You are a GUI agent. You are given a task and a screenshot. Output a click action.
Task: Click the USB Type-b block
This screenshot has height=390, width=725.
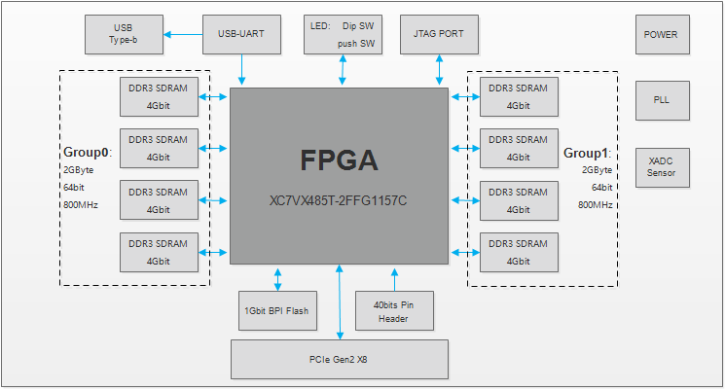pos(125,35)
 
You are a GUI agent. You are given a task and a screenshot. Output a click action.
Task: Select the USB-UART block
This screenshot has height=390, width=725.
pos(241,35)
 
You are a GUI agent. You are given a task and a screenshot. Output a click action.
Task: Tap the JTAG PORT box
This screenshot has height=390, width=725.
pos(439,35)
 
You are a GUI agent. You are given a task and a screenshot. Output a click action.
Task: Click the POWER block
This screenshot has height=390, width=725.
pos(661,35)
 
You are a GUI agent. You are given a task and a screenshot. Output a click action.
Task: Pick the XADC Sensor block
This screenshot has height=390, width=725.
pos(661,166)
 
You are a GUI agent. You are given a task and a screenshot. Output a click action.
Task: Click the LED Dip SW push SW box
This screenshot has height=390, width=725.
pos(342,35)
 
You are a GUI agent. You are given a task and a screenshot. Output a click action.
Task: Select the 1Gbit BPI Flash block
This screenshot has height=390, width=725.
pos(276,310)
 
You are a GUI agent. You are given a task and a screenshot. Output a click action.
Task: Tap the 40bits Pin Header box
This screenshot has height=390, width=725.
pos(394,310)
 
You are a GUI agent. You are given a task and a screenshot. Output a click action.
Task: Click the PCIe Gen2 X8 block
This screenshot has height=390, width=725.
pos(339,359)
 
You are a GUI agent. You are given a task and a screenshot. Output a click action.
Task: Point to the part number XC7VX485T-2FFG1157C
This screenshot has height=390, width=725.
pos(339,201)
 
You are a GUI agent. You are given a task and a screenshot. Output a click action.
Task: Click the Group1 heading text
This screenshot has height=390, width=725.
pos(587,153)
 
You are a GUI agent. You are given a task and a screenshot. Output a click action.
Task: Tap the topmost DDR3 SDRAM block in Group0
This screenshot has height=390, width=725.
pos(159,94)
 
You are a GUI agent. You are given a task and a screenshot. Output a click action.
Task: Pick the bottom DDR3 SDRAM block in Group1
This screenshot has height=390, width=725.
pos(519,252)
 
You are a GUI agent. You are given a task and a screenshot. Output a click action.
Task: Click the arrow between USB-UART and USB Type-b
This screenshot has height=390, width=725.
pos(183,35)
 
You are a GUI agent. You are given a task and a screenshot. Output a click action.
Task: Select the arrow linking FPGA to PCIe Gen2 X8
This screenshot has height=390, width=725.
pos(339,301)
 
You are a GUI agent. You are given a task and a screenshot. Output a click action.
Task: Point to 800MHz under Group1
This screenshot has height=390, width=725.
pos(595,205)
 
